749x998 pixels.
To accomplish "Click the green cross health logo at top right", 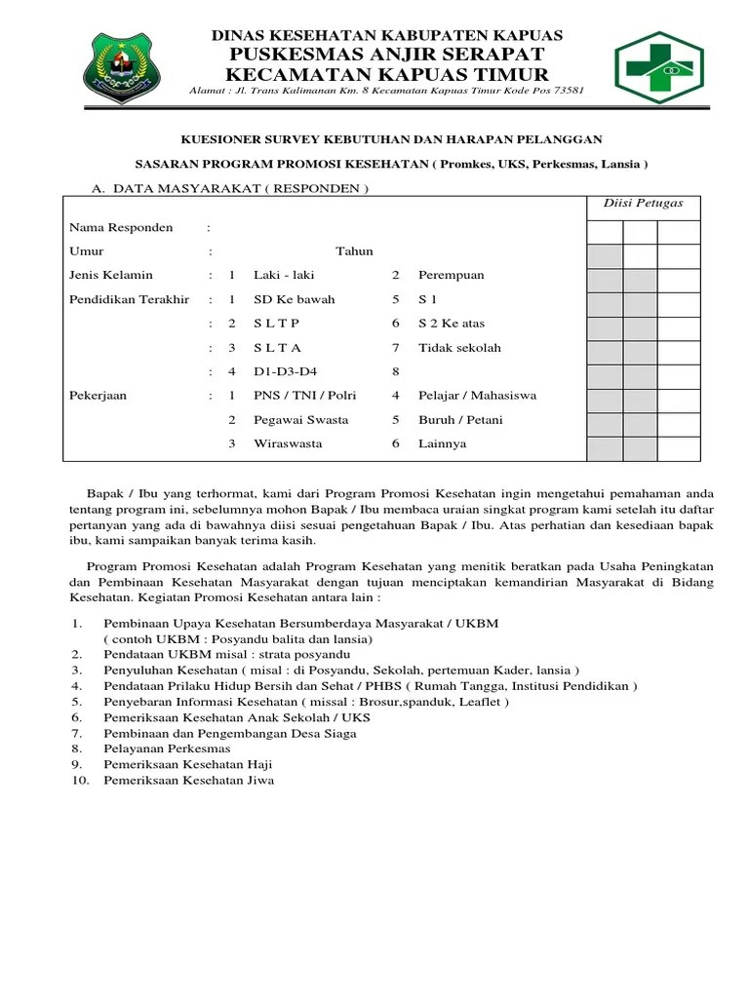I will [x=671, y=66].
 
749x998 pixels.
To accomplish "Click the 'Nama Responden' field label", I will [x=121, y=228].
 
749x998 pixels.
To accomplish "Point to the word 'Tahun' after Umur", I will [x=354, y=251].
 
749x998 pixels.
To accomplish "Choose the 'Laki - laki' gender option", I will [x=278, y=275].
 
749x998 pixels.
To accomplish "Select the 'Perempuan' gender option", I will [x=451, y=275].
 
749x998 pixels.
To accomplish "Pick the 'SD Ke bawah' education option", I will [x=294, y=299].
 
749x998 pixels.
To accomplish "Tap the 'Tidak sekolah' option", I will [x=459, y=347].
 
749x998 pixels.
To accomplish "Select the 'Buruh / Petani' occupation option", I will [x=460, y=420].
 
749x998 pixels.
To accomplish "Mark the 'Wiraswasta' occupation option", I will [x=288, y=443].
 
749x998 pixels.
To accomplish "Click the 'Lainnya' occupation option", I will [x=442, y=443].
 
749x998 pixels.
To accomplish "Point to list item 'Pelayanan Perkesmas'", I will [x=167, y=748].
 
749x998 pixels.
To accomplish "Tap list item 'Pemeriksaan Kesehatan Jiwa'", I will [x=189, y=781].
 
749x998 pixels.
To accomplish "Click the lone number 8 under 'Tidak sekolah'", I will [x=395, y=371].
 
